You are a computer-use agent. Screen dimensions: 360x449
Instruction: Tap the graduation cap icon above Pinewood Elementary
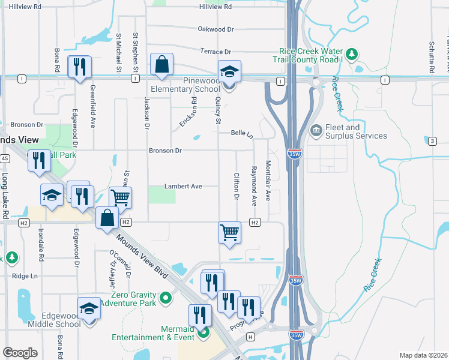click(x=229, y=72)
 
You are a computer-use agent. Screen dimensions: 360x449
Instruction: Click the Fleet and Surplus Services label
click(x=356, y=131)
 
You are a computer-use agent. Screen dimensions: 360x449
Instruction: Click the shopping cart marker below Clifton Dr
click(x=230, y=232)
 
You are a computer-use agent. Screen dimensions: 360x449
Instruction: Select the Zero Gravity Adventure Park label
click(x=133, y=299)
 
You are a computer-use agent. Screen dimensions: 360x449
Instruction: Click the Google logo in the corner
click(x=20, y=353)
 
